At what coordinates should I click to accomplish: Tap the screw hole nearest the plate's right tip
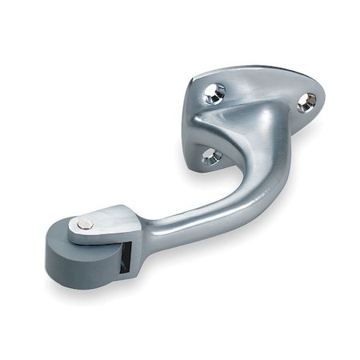pyautogui.click(x=306, y=101)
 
